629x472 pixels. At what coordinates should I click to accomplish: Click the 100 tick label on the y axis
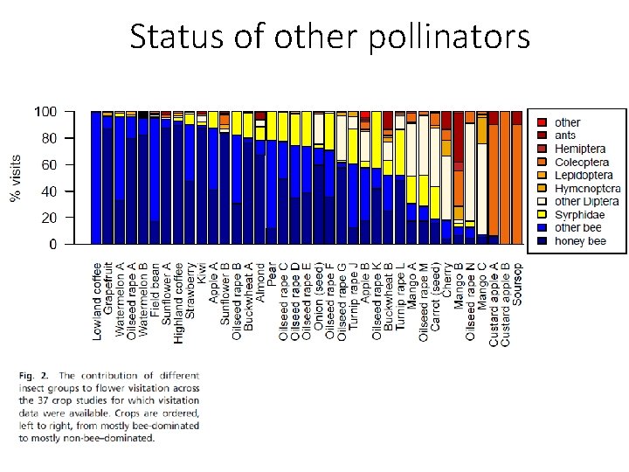pos(45,112)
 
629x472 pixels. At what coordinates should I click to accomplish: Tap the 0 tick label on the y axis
pos(53,245)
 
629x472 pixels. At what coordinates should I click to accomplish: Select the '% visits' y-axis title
pos(17,179)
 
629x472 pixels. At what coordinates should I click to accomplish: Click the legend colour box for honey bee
pos(543,240)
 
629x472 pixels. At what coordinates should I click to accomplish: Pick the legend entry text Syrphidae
pos(579,214)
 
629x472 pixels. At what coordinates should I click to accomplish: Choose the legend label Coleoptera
pos(584,162)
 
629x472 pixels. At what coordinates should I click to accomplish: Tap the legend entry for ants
pos(567,135)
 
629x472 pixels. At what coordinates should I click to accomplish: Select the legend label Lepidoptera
pos(584,175)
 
